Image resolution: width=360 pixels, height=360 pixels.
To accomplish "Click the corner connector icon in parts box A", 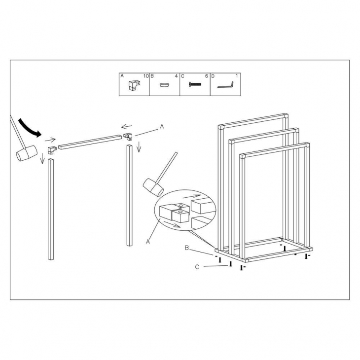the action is pyautogui.click(x=134, y=85).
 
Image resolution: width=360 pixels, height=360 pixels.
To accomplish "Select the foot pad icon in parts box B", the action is pyautogui.click(x=165, y=85).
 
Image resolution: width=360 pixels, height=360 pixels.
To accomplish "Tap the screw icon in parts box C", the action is pyautogui.click(x=195, y=84).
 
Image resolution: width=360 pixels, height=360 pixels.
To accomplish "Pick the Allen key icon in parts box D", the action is pyautogui.click(x=226, y=85).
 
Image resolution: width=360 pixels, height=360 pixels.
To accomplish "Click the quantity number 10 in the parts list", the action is pyautogui.click(x=146, y=76).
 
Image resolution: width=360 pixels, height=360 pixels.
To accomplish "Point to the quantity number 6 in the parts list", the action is pyautogui.click(x=207, y=76).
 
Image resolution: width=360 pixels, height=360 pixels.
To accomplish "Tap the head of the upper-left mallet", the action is pyautogui.click(x=27, y=153).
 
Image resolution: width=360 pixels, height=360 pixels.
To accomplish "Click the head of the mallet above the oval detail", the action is pyautogui.click(x=153, y=187).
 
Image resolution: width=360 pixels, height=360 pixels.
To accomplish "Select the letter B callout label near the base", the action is pyautogui.click(x=187, y=248).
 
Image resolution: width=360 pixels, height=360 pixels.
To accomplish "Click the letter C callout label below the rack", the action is pyautogui.click(x=197, y=267).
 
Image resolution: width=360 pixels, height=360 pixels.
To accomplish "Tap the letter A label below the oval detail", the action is pyautogui.click(x=148, y=242).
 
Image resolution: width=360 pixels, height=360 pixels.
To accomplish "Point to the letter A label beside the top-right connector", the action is pyautogui.click(x=162, y=126).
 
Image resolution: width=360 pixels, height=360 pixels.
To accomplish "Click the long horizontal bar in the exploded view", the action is pyautogui.click(x=90, y=143).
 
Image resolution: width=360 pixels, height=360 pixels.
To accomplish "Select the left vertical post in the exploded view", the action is pyautogui.click(x=51, y=209).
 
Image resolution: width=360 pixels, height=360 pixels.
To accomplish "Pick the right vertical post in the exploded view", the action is pyautogui.click(x=130, y=195).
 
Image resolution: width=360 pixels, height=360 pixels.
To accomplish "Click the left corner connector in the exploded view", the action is pyautogui.click(x=52, y=150).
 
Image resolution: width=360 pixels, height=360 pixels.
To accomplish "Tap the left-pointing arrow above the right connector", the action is pyautogui.click(x=127, y=127).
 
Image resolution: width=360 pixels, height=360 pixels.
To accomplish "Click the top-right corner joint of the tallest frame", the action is pyautogui.click(x=286, y=116).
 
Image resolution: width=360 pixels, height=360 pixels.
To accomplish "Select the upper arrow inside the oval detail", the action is pyautogui.click(x=192, y=196).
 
